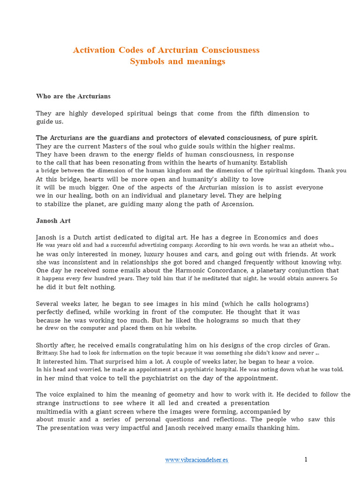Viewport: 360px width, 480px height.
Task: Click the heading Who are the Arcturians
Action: click(x=73, y=96)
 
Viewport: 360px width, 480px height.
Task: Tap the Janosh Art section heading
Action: click(x=53, y=221)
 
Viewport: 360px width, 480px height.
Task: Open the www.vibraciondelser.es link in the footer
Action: click(x=196, y=460)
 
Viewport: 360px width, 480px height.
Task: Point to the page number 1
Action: click(x=306, y=459)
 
